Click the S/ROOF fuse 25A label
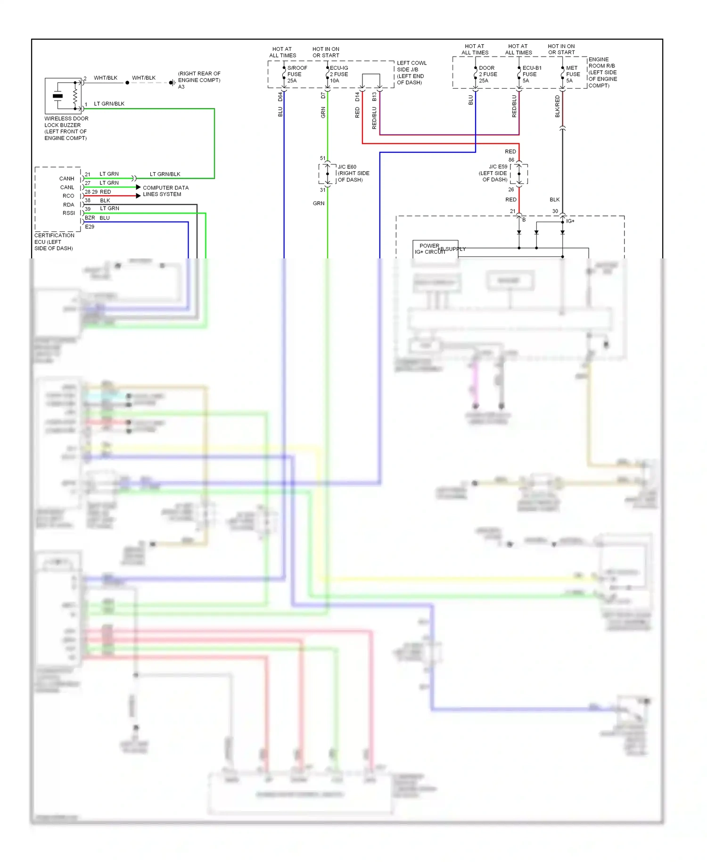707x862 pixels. [296, 74]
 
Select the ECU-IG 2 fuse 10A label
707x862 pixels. [339, 74]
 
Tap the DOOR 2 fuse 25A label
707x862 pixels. [487, 74]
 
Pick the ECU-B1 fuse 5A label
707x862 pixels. [531, 74]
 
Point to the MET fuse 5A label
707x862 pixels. [573, 74]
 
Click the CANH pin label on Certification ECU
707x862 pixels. [66, 179]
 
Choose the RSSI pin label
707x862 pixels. [68, 213]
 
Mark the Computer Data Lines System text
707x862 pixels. [165, 191]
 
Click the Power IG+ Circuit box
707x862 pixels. [435, 249]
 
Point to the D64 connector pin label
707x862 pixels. [280, 97]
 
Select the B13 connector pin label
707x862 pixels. [374, 97]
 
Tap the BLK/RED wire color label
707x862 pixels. [558, 107]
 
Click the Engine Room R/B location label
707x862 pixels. [602, 72]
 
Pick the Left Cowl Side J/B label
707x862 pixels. [411, 73]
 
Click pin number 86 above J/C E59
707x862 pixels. [511, 160]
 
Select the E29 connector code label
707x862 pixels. [90, 227]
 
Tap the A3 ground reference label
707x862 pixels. [181, 87]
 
